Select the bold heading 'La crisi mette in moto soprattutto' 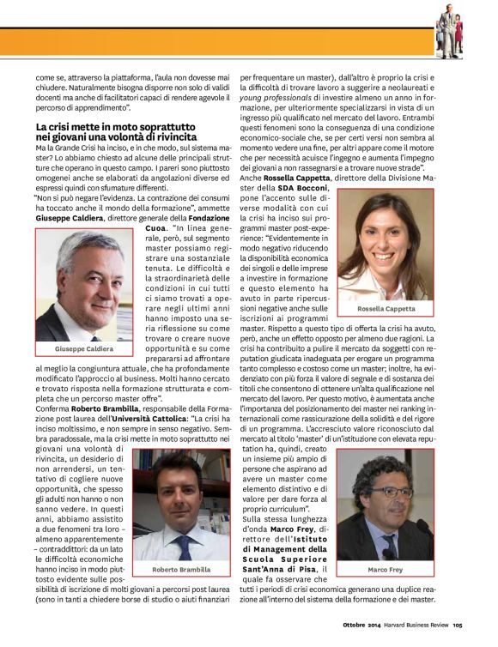116,127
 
